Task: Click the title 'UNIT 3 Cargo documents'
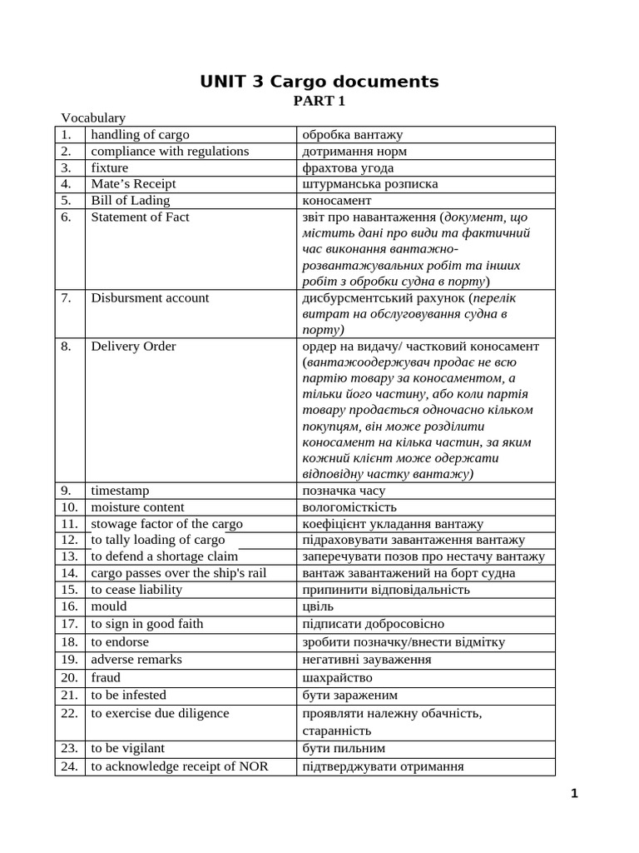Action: (319, 82)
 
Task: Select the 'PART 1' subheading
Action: (319, 102)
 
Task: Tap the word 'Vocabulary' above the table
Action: (92, 118)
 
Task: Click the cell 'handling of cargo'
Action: (140, 135)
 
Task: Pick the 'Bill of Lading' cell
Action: (130, 201)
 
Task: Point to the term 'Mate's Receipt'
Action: (133, 184)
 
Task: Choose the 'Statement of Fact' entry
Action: (140, 217)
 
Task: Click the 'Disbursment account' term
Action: (150, 298)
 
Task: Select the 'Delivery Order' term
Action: (133, 347)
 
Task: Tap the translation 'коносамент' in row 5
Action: (337, 201)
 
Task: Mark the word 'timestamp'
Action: (120, 491)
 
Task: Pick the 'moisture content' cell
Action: (137, 507)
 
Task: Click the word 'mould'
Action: (109, 606)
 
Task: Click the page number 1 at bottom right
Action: (574, 794)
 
